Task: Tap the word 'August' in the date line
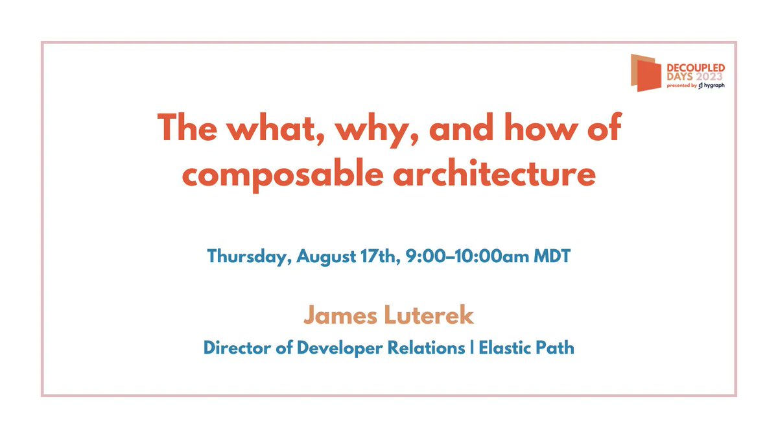(325, 256)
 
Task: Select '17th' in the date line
(377, 256)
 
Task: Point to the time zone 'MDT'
(552, 256)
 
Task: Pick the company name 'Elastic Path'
(526, 347)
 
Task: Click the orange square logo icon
(646, 73)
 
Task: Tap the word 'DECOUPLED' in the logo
(696, 68)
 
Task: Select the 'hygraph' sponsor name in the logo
(714, 86)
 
